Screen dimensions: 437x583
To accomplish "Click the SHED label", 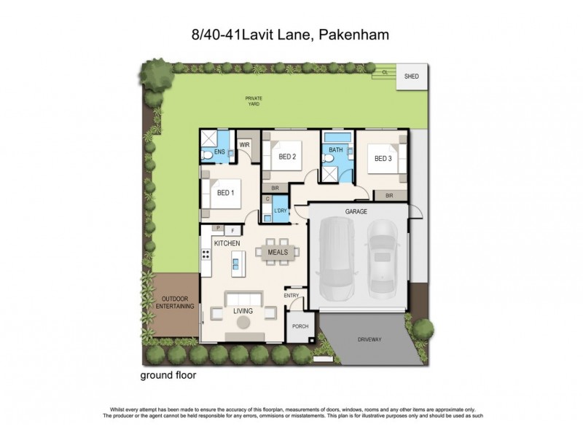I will tap(412, 76).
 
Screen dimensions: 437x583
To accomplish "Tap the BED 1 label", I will tap(225, 193).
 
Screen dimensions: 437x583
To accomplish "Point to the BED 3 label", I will tap(383, 158).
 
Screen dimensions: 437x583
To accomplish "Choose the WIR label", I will tap(245, 145).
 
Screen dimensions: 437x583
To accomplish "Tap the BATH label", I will tap(335, 151).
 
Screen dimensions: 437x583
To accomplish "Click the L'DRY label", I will tap(281, 211).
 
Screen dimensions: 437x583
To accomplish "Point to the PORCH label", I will tap(300, 327).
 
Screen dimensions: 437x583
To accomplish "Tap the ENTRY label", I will tap(291, 295).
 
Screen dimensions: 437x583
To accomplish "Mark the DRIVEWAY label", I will tap(369, 339).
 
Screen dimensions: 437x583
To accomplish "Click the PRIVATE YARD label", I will tap(253, 101).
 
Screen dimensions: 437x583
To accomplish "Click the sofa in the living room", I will tap(243, 299).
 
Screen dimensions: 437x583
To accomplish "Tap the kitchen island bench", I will tap(235, 260).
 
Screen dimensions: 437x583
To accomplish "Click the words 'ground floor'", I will tap(168, 377).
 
